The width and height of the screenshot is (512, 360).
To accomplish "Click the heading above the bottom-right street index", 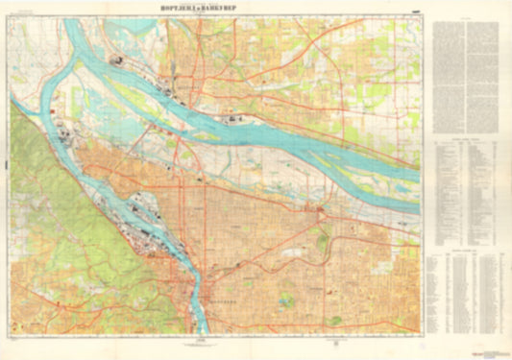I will pos(465,249).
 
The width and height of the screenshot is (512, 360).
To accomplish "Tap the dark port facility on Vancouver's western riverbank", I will pos(120,62).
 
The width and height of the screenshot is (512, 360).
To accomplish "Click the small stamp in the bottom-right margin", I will pos(500,348).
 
